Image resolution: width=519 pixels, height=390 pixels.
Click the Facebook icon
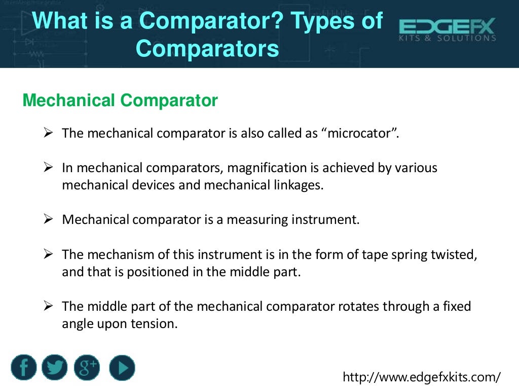[x=24, y=368]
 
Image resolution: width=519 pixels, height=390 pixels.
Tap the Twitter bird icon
[x=55, y=368]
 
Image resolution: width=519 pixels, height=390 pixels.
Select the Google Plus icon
[x=87, y=368]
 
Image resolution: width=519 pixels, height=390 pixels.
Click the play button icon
[x=122, y=368]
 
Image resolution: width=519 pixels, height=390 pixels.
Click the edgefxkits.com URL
[x=422, y=377]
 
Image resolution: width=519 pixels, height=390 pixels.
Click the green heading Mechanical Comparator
[x=120, y=101]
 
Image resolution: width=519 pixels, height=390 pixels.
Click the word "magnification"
[x=267, y=168]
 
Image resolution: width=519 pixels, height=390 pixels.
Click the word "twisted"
[x=456, y=254]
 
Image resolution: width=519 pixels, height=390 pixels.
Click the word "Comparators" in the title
[x=208, y=49]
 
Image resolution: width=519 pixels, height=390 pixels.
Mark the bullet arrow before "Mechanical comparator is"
[x=49, y=219]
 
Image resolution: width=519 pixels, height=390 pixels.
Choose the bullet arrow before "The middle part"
[x=49, y=306]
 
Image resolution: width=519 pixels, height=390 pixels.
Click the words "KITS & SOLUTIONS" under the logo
[x=447, y=38]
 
